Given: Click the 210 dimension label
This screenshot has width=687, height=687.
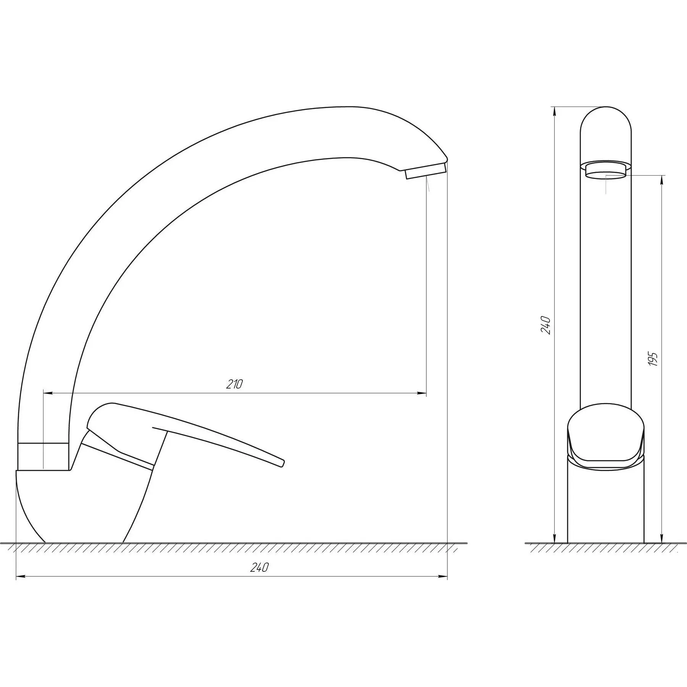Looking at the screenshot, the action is pos(234,384).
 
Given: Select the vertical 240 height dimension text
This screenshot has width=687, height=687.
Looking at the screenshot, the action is pos(546,325).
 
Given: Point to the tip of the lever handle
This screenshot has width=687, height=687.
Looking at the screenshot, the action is pos(282,463).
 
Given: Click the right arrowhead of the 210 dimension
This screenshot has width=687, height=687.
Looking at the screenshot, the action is pos(422,393).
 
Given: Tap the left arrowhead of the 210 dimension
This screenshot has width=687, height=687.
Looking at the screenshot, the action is pos(48,393).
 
